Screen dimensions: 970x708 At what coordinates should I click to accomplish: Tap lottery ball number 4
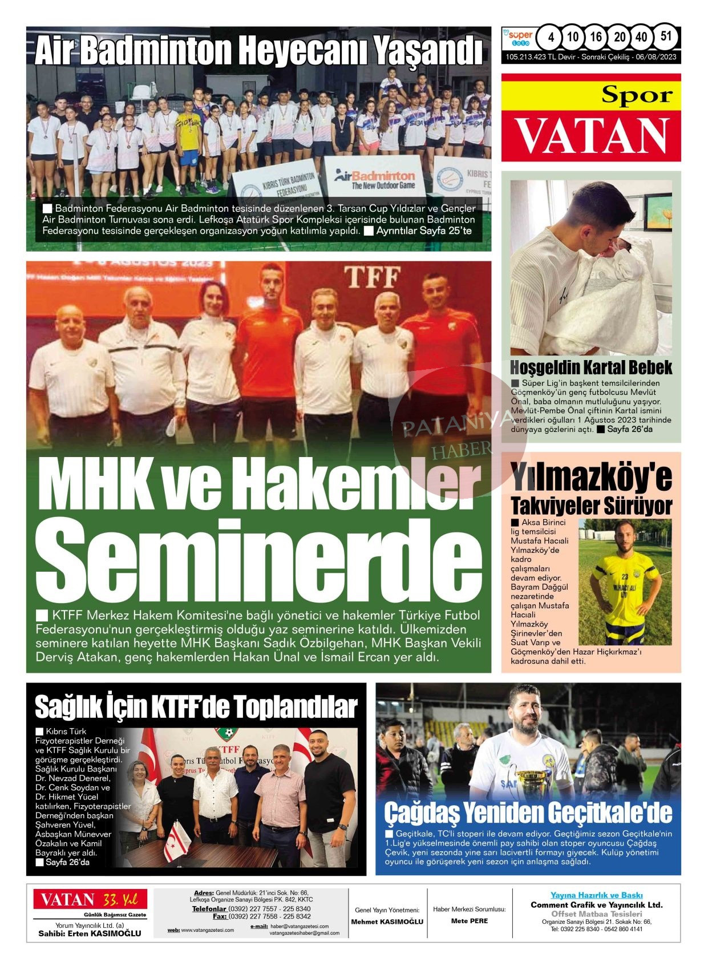(551, 38)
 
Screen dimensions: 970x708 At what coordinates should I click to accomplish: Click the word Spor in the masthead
(637, 95)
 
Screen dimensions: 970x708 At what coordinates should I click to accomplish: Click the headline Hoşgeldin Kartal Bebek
(591, 367)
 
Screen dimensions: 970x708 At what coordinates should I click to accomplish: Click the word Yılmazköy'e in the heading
(591, 478)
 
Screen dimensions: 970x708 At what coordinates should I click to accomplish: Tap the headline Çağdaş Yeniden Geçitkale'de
(528, 812)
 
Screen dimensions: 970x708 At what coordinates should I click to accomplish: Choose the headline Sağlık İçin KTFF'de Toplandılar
(196, 707)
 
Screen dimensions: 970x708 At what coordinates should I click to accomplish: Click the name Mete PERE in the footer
(469, 921)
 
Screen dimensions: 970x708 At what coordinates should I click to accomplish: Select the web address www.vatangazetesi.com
(207, 930)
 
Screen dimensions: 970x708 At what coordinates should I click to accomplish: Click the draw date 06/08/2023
(656, 57)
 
